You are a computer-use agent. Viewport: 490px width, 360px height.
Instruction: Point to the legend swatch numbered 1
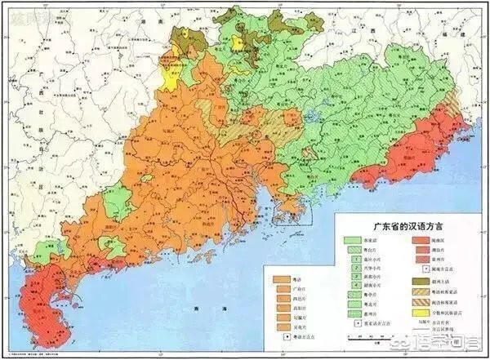click(x=352, y=254)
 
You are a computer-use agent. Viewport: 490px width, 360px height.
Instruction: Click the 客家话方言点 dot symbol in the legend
click(x=352, y=324)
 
